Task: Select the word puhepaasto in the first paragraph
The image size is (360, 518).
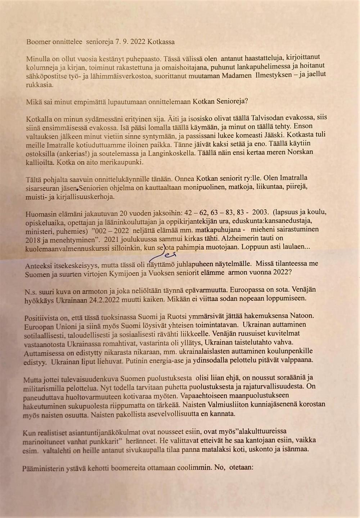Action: pos(138,59)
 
